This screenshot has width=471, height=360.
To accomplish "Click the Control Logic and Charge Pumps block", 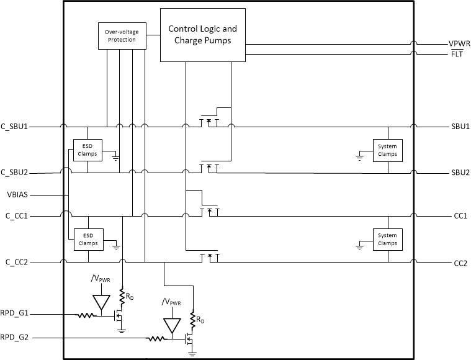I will tap(202, 35).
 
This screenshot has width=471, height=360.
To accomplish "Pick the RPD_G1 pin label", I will tap(16, 314).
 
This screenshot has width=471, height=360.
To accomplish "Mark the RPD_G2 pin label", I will tap(16, 338).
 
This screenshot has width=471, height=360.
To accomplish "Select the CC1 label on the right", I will tap(460, 216).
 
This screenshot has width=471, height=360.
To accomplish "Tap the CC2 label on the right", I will tap(460, 263).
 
